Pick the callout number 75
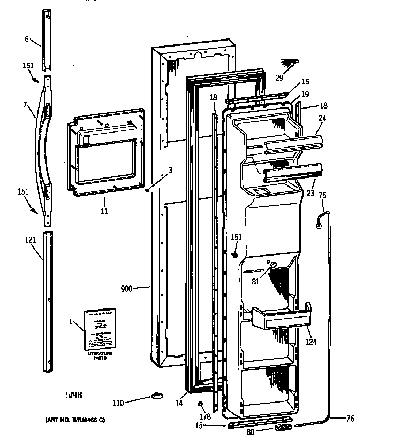[322, 195]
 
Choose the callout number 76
[350, 419]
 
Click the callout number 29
[279, 78]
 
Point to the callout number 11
[104, 211]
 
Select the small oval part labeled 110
[157, 396]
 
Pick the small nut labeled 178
[201, 404]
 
